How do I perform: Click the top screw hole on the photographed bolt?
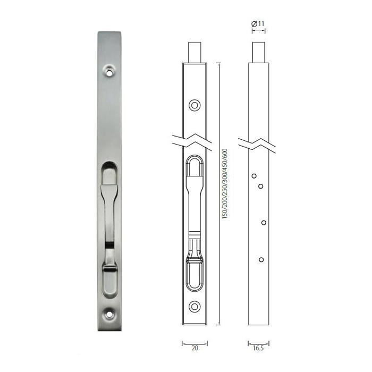(x=111, y=70)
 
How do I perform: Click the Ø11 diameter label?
(x=258, y=23)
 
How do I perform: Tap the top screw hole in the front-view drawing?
(x=195, y=105)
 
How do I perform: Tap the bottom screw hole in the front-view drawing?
(x=195, y=307)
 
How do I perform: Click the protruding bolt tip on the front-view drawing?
(x=195, y=52)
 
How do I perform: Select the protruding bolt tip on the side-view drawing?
(x=258, y=52)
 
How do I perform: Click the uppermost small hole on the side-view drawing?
(x=255, y=175)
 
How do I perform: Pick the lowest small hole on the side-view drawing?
(x=261, y=259)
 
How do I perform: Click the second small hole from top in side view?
(x=261, y=185)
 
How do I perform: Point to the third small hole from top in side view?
(x=264, y=222)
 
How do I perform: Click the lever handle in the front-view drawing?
(x=195, y=207)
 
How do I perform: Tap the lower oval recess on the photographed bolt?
(x=111, y=279)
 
